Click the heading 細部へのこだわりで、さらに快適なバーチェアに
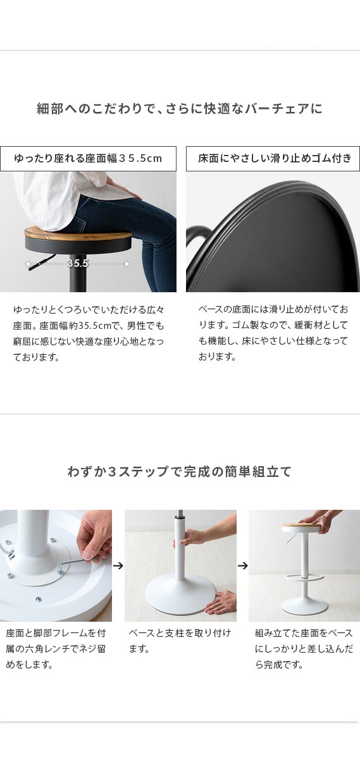click(x=179, y=108)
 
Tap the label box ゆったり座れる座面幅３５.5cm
click(x=88, y=159)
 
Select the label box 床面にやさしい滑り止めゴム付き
click(x=273, y=159)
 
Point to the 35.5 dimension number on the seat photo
click(x=78, y=263)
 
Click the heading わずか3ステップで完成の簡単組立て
click(x=179, y=471)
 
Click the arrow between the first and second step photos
click(x=118, y=565)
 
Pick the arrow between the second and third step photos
click(x=243, y=565)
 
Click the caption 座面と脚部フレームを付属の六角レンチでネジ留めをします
click(x=56, y=649)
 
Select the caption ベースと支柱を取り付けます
click(x=180, y=641)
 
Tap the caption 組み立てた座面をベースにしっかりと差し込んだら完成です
click(x=304, y=649)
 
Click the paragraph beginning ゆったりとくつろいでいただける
click(x=89, y=333)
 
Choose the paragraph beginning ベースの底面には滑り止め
click(x=273, y=333)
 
